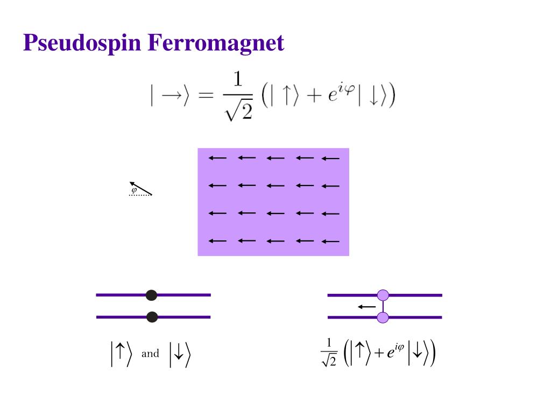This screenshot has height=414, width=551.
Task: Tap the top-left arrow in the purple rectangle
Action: pos(218,158)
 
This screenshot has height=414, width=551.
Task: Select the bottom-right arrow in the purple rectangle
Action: pos(330,241)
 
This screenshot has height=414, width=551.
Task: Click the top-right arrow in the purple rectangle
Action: pos(330,158)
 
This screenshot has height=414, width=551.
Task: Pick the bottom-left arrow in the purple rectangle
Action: pos(218,241)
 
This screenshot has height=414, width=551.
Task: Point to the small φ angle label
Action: pos(134,190)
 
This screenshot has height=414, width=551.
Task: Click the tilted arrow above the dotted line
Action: pos(141,188)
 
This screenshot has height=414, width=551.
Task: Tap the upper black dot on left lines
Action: pos(152,295)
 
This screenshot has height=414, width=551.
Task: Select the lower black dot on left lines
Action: pos(152,317)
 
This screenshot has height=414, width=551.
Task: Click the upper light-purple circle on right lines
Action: pos(383,295)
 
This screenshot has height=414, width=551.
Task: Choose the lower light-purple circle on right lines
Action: pos(383,318)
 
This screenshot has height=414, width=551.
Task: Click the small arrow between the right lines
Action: pos(367,307)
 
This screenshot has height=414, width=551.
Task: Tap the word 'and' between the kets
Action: pos(150,354)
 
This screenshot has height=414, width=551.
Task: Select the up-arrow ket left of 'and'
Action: pos(121,355)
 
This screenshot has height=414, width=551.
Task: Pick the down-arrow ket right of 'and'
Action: pos(180,355)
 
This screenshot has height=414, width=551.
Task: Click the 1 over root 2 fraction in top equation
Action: pos(237,97)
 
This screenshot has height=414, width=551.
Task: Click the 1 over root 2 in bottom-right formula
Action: pos(329,354)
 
